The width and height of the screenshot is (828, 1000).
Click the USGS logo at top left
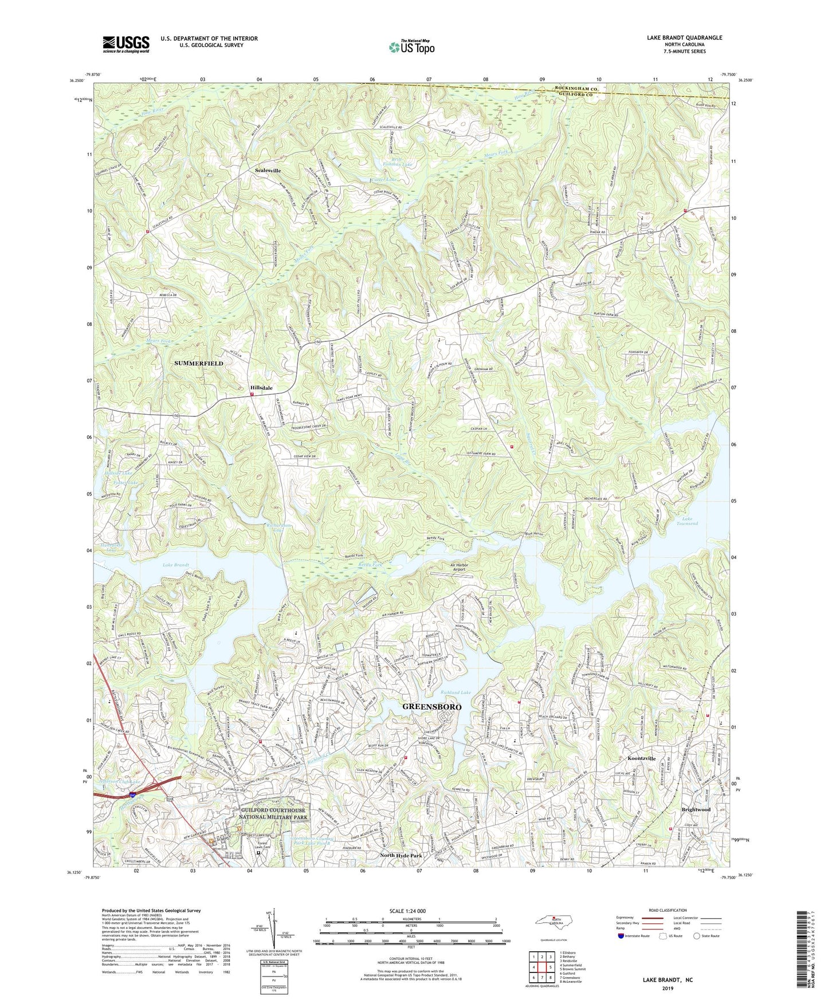point(126,44)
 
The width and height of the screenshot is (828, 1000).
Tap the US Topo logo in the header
point(411,47)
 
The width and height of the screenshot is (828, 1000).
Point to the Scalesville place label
point(268,171)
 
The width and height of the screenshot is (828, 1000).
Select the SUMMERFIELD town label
point(199,363)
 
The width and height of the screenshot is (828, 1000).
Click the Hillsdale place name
point(261,388)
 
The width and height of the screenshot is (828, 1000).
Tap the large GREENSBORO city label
point(431,707)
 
